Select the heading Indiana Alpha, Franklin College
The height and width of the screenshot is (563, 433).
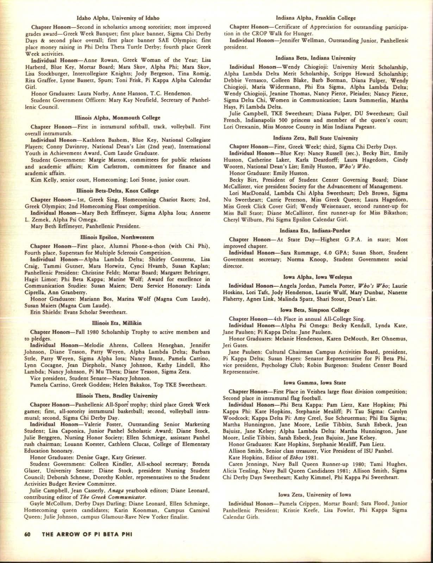[x=316, y=18]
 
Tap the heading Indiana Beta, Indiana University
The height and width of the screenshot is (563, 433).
[x=316, y=57]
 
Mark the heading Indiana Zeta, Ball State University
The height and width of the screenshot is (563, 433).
[x=316, y=138]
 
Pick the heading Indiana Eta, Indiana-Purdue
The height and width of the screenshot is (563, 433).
[x=316, y=230]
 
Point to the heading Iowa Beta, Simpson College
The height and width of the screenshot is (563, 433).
[x=316, y=310]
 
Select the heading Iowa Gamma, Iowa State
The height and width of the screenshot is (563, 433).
[x=316, y=383]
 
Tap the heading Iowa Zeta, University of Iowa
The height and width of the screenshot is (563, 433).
[x=316, y=495]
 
